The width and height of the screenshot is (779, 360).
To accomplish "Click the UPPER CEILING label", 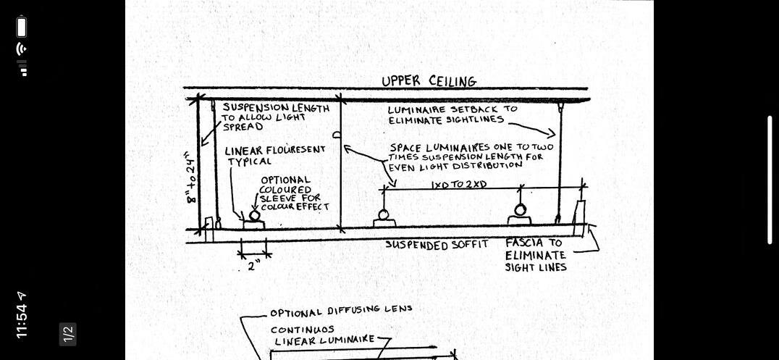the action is point(429,80).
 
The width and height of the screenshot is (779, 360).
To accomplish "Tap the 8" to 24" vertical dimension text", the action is point(190,177).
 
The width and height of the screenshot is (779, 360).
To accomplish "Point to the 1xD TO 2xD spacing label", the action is point(458,184).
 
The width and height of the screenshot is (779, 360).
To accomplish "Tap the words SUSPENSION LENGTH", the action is point(275,108).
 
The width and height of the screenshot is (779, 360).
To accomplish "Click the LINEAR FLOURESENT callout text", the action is point(274,150).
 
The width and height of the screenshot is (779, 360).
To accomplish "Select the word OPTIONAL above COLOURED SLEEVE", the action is point(285,180).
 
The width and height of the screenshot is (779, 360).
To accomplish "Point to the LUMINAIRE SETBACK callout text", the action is point(452,109).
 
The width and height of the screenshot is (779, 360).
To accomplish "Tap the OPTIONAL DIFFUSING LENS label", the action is point(341,311).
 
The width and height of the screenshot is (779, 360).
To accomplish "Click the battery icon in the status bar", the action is point(22,28).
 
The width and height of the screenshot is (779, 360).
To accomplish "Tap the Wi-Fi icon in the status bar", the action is point(22,49).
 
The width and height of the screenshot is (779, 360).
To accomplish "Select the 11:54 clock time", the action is point(22,316).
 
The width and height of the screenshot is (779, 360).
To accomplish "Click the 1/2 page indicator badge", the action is point(68,333).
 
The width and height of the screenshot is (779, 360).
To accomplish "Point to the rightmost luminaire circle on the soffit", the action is point(520,210).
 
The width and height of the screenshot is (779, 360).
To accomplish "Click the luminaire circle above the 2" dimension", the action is point(254,215).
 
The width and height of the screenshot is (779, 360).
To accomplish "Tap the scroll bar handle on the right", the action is point(770,180).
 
